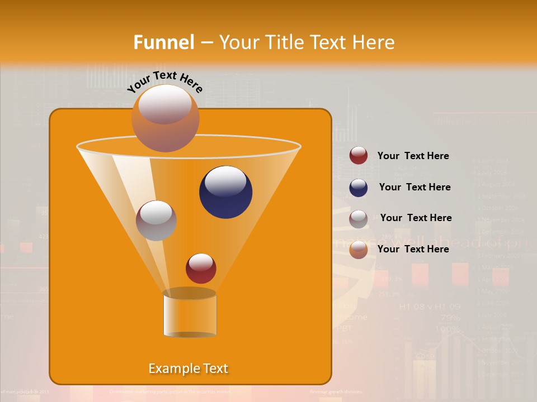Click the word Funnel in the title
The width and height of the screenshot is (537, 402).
point(164,42)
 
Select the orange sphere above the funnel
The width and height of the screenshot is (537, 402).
point(165,118)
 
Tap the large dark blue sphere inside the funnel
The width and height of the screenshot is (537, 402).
point(225,193)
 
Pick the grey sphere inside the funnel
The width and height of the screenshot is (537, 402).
point(156,221)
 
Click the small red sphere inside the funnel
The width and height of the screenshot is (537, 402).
point(201,269)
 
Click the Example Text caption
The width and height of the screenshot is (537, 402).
point(188,368)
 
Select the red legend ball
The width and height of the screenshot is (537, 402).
point(359,156)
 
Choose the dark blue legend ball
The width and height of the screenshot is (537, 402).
point(359,188)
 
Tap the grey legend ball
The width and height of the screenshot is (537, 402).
point(359,219)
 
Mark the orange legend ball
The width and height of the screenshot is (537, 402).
point(359,250)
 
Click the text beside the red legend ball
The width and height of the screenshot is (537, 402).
point(413,156)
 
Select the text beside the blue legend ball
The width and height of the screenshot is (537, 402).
point(414,187)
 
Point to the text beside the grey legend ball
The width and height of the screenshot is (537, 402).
point(416,218)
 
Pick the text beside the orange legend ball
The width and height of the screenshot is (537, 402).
point(413,249)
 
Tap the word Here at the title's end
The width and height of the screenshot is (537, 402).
point(374,42)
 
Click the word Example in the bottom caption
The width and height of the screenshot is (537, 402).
point(171,368)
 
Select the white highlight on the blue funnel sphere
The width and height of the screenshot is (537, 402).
point(225,181)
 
